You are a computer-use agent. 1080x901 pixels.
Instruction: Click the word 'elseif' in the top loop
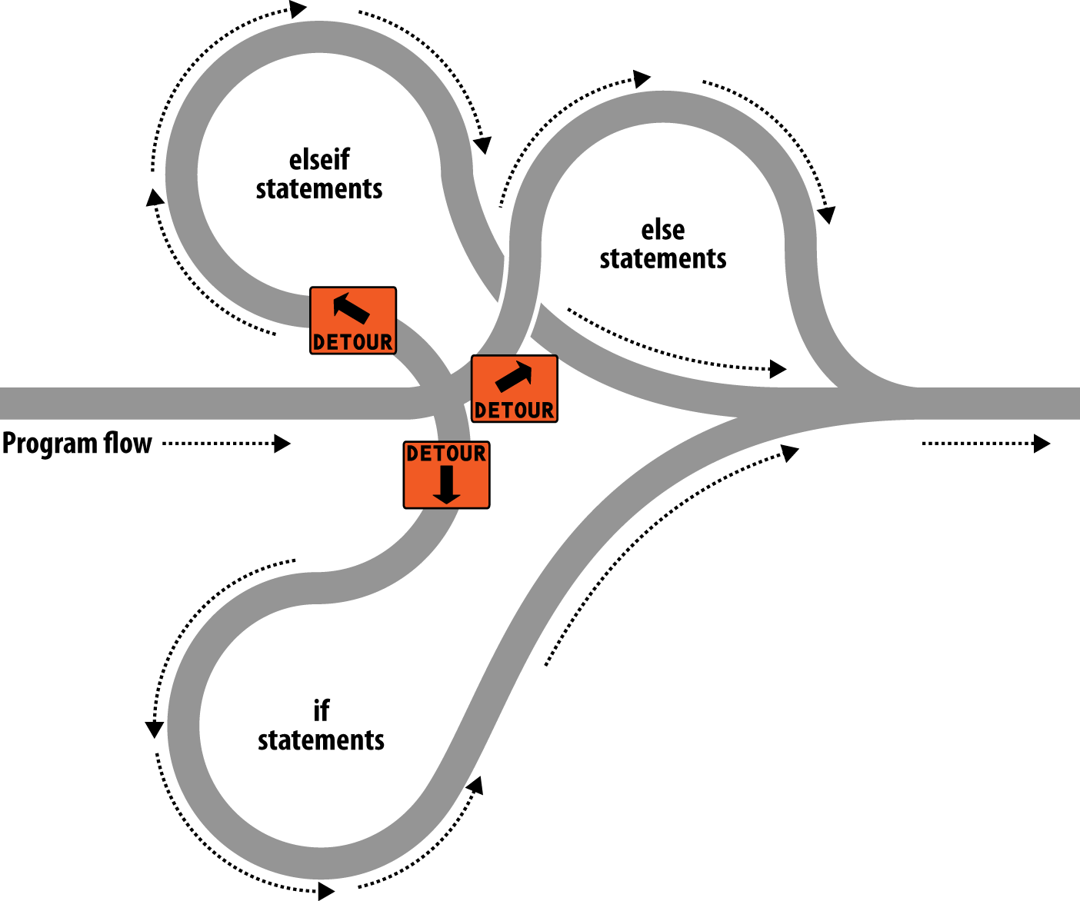pos(319,160)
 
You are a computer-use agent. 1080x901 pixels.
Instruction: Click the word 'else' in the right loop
pos(663,230)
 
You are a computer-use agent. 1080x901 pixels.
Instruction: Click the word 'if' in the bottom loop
pos(321,711)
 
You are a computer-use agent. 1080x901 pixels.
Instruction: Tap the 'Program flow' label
pos(77,444)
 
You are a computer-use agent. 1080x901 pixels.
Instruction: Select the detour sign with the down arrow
pos(446,474)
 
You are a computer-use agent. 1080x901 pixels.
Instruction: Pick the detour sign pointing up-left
pos(352,321)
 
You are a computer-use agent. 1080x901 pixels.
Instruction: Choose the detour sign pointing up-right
pos(514,388)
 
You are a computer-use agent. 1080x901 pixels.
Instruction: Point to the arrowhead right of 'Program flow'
pos(282,444)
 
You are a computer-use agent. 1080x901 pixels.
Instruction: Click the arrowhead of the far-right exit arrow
pos(1042,444)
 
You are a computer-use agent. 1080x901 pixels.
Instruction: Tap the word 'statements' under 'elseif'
pos(319,189)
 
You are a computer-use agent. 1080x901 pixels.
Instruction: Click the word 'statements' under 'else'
pos(663,259)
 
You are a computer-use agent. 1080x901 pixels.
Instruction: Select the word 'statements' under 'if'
pos(321,740)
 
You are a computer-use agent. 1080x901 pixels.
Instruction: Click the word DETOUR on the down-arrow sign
pos(446,454)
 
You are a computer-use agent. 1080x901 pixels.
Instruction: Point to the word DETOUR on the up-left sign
pos(352,342)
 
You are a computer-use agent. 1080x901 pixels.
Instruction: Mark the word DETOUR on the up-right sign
pos(514,411)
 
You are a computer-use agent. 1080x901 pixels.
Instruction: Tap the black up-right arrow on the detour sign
pos(514,375)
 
